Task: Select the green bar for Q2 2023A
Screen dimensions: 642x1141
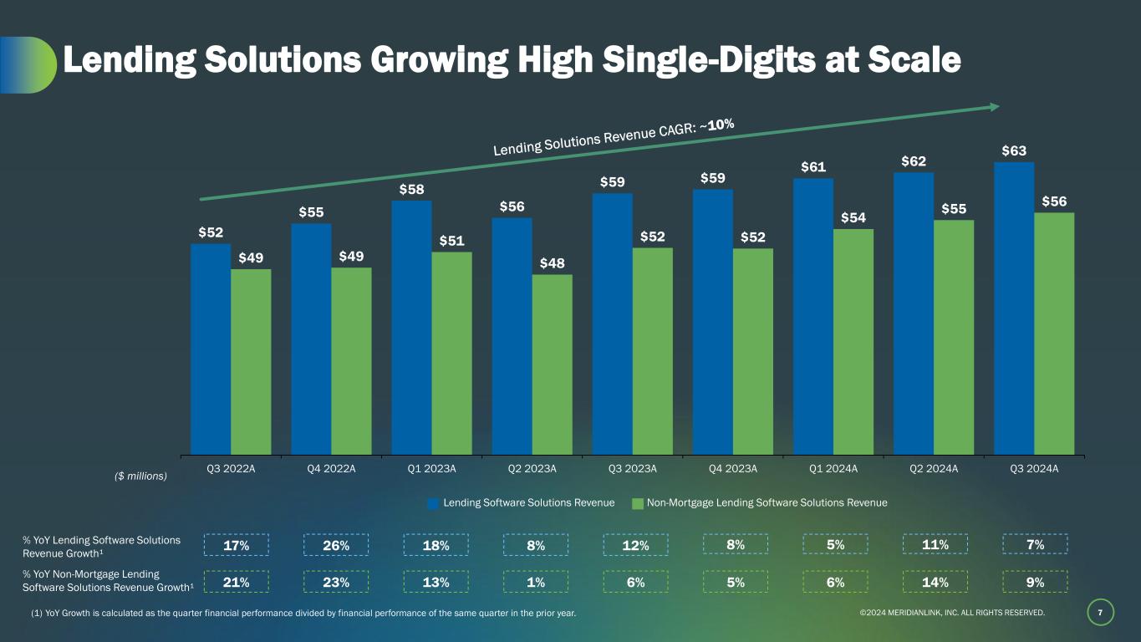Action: click(x=553, y=364)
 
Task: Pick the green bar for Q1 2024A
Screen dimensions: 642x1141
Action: click(x=853, y=342)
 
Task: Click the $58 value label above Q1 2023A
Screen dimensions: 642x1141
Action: click(x=411, y=190)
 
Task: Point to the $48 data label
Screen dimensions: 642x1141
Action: click(x=552, y=263)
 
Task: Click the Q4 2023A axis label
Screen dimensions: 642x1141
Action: click(x=732, y=469)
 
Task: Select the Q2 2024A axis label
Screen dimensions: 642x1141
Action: click(x=934, y=469)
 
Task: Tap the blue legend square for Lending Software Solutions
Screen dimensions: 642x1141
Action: click(x=433, y=503)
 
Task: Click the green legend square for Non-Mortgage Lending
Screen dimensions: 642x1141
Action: click(x=638, y=503)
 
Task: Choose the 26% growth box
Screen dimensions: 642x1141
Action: click(x=336, y=546)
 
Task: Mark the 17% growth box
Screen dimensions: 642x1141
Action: click(x=237, y=546)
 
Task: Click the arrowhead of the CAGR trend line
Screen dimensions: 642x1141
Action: click(x=995, y=107)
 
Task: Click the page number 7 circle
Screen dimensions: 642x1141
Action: click(x=1100, y=614)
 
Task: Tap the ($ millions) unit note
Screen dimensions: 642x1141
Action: click(x=141, y=476)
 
